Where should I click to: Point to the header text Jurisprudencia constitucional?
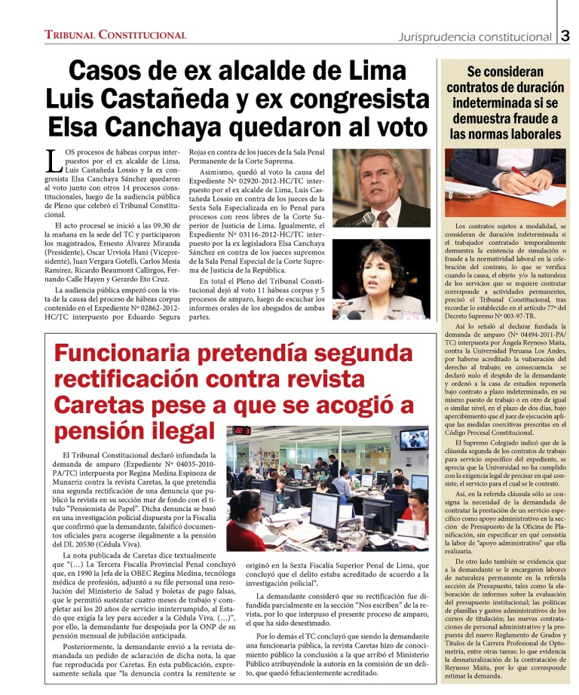[475, 36]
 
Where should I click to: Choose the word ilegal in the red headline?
[174, 430]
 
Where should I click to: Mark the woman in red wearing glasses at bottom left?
[247, 525]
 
